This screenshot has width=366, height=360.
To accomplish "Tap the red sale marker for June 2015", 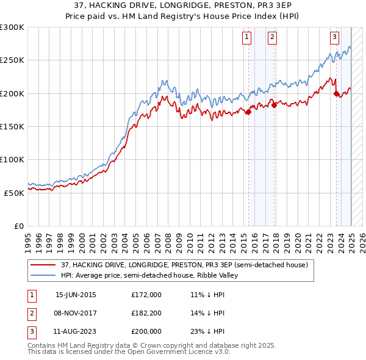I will tap(248, 112).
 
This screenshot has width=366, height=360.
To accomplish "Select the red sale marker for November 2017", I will tap(274, 105).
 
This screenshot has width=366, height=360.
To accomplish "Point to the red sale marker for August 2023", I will tap(337, 93).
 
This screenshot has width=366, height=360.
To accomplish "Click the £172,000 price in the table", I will tap(146, 295).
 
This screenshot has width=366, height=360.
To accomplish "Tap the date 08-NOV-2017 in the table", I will tap(76, 313).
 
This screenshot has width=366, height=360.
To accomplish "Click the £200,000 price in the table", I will tap(146, 331).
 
